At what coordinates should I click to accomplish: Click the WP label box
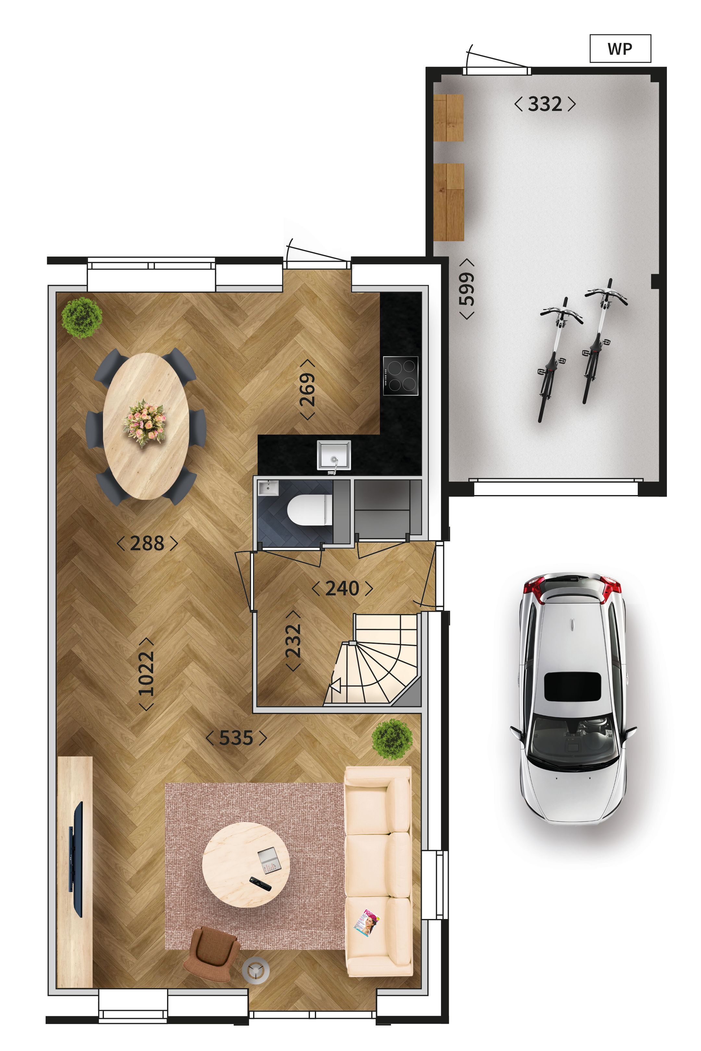(x=620, y=49)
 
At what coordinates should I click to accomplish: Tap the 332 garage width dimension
(x=545, y=104)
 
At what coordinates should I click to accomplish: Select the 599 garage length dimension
(x=467, y=289)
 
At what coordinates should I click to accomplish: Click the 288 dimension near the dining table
(x=147, y=543)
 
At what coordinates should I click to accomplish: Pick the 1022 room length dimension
(x=146, y=674)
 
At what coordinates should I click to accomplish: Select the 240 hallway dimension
(x=342, y=588)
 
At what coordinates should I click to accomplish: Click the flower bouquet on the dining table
(x=144, y=422)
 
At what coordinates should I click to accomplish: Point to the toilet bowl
(x=309, y=510)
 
